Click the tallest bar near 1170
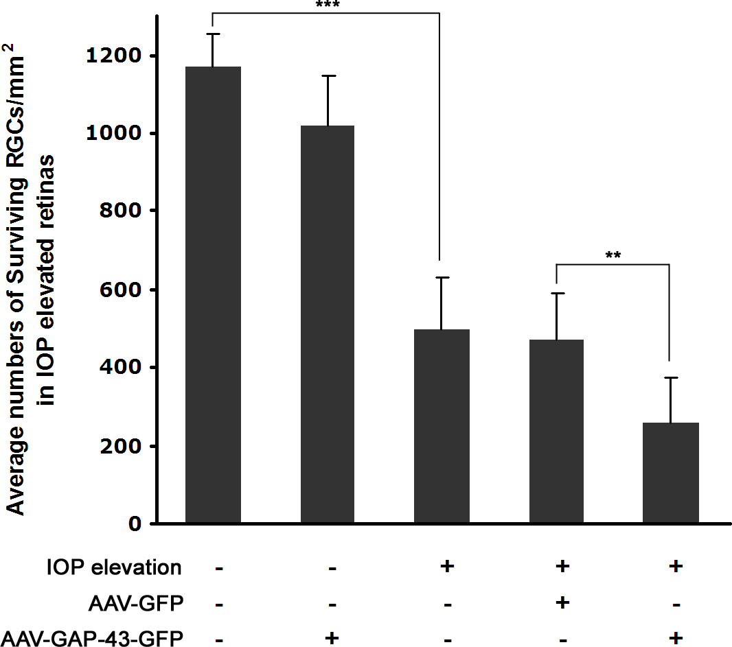click(x=213, y=295)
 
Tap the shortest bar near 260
click(x=670, y=473)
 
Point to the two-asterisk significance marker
click(x=613, y=257)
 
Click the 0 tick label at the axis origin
click(x=136, y=524)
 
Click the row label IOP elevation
click(x=114, y=568)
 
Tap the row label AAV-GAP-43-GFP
click(x=93, y=639)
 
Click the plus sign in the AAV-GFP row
click(x=562, y=602)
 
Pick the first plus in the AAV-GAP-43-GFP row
click(x=332, y=638)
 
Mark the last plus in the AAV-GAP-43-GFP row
click(x=675, y=638)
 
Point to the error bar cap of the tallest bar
click(x=213, y=34)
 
